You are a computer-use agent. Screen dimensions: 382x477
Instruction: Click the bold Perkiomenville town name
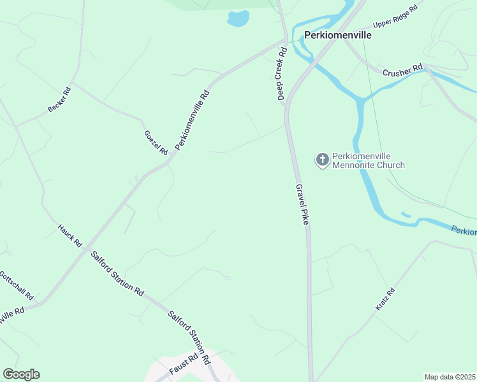pyautogui.click(x=337, y=36)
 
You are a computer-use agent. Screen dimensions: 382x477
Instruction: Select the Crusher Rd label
pyautogui.click(x=402, y=70)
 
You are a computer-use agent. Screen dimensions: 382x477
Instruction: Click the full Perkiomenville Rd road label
pyautogui.click(x=192, y=120)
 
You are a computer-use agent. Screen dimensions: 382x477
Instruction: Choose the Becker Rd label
pyautogui.click(x=59, y=100)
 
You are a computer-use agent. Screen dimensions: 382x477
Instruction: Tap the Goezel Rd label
pyautogui.click(x=156, y=143)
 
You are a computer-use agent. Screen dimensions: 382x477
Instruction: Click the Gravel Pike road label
pyautogui.click(x=302, y=204)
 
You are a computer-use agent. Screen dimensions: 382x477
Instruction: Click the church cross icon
pyautogui.click(x=323, y=159)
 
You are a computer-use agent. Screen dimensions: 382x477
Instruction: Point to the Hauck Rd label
pyautogui.click(x=70, y=235)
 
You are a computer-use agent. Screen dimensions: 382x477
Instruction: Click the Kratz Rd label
pyautogui.click(x=385, y=300)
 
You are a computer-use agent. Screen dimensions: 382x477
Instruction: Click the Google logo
pyautogui.click(x=21, y=374)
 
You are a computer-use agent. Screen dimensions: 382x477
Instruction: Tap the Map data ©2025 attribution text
pyautogui.click(x=450, y=377)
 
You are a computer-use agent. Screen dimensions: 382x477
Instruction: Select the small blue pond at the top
pyautogui.click(x=238, y=19)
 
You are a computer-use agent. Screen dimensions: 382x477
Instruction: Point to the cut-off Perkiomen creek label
pyautogui.click(x=464, y=230)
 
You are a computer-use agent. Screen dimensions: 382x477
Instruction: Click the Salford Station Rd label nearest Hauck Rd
pyautogui.click(x=117, y=273)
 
